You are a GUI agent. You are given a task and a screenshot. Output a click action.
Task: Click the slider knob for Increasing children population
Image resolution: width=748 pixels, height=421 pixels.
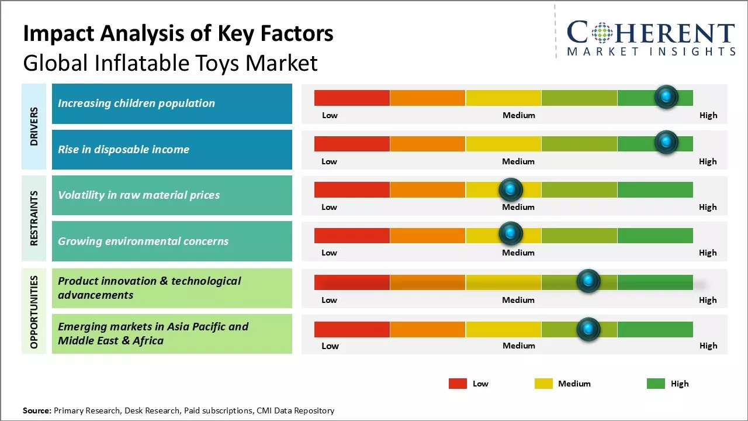[x=666, y=96]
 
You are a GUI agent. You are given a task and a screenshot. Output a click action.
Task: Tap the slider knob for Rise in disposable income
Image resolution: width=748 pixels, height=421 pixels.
[x=666, y=142]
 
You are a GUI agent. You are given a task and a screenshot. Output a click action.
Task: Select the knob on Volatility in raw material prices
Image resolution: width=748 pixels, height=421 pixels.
[x=511, y=189]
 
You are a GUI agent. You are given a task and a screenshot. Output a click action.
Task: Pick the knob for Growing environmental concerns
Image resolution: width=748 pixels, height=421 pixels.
[x=511, y=234]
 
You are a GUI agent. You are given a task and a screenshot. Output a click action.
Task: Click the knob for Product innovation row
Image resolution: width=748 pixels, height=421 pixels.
[x=588, y=281]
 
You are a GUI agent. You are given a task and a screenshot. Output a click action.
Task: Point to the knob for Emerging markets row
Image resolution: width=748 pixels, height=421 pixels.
[x=588, y=329]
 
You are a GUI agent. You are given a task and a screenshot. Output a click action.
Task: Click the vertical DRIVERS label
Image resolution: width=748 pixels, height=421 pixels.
[x=34, y=126]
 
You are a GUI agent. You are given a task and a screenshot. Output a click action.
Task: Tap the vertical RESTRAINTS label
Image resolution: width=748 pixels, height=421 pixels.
[x=34, y=218]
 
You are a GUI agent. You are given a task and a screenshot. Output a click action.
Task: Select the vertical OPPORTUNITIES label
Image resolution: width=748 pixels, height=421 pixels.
[x=34, y=312]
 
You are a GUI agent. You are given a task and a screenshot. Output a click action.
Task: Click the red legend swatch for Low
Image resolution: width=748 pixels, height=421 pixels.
[x=458, y=384]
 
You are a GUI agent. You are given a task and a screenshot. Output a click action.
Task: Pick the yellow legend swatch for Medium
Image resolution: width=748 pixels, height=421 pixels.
[x=543, y=384]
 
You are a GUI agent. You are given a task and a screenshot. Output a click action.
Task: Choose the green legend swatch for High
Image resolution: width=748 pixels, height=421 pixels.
[x=656, y=384]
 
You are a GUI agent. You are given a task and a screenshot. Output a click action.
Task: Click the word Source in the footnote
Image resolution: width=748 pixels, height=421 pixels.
[x=37, y=410]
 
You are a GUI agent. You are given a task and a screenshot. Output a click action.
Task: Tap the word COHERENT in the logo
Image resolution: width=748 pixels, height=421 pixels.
[x=651, y=33]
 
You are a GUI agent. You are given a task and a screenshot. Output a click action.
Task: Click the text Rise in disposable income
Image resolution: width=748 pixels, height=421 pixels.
[x=123, y=149]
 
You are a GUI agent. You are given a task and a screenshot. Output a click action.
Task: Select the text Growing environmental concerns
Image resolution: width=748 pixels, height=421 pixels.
[x=143, y=241]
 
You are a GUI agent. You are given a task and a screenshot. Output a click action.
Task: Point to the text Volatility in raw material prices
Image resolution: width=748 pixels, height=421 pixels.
[x=138, y=195]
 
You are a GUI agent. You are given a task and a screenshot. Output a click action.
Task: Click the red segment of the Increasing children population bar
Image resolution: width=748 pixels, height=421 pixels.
[x=352, y=98]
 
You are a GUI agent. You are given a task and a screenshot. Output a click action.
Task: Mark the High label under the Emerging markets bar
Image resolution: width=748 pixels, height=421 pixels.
[x=708, y=346]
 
